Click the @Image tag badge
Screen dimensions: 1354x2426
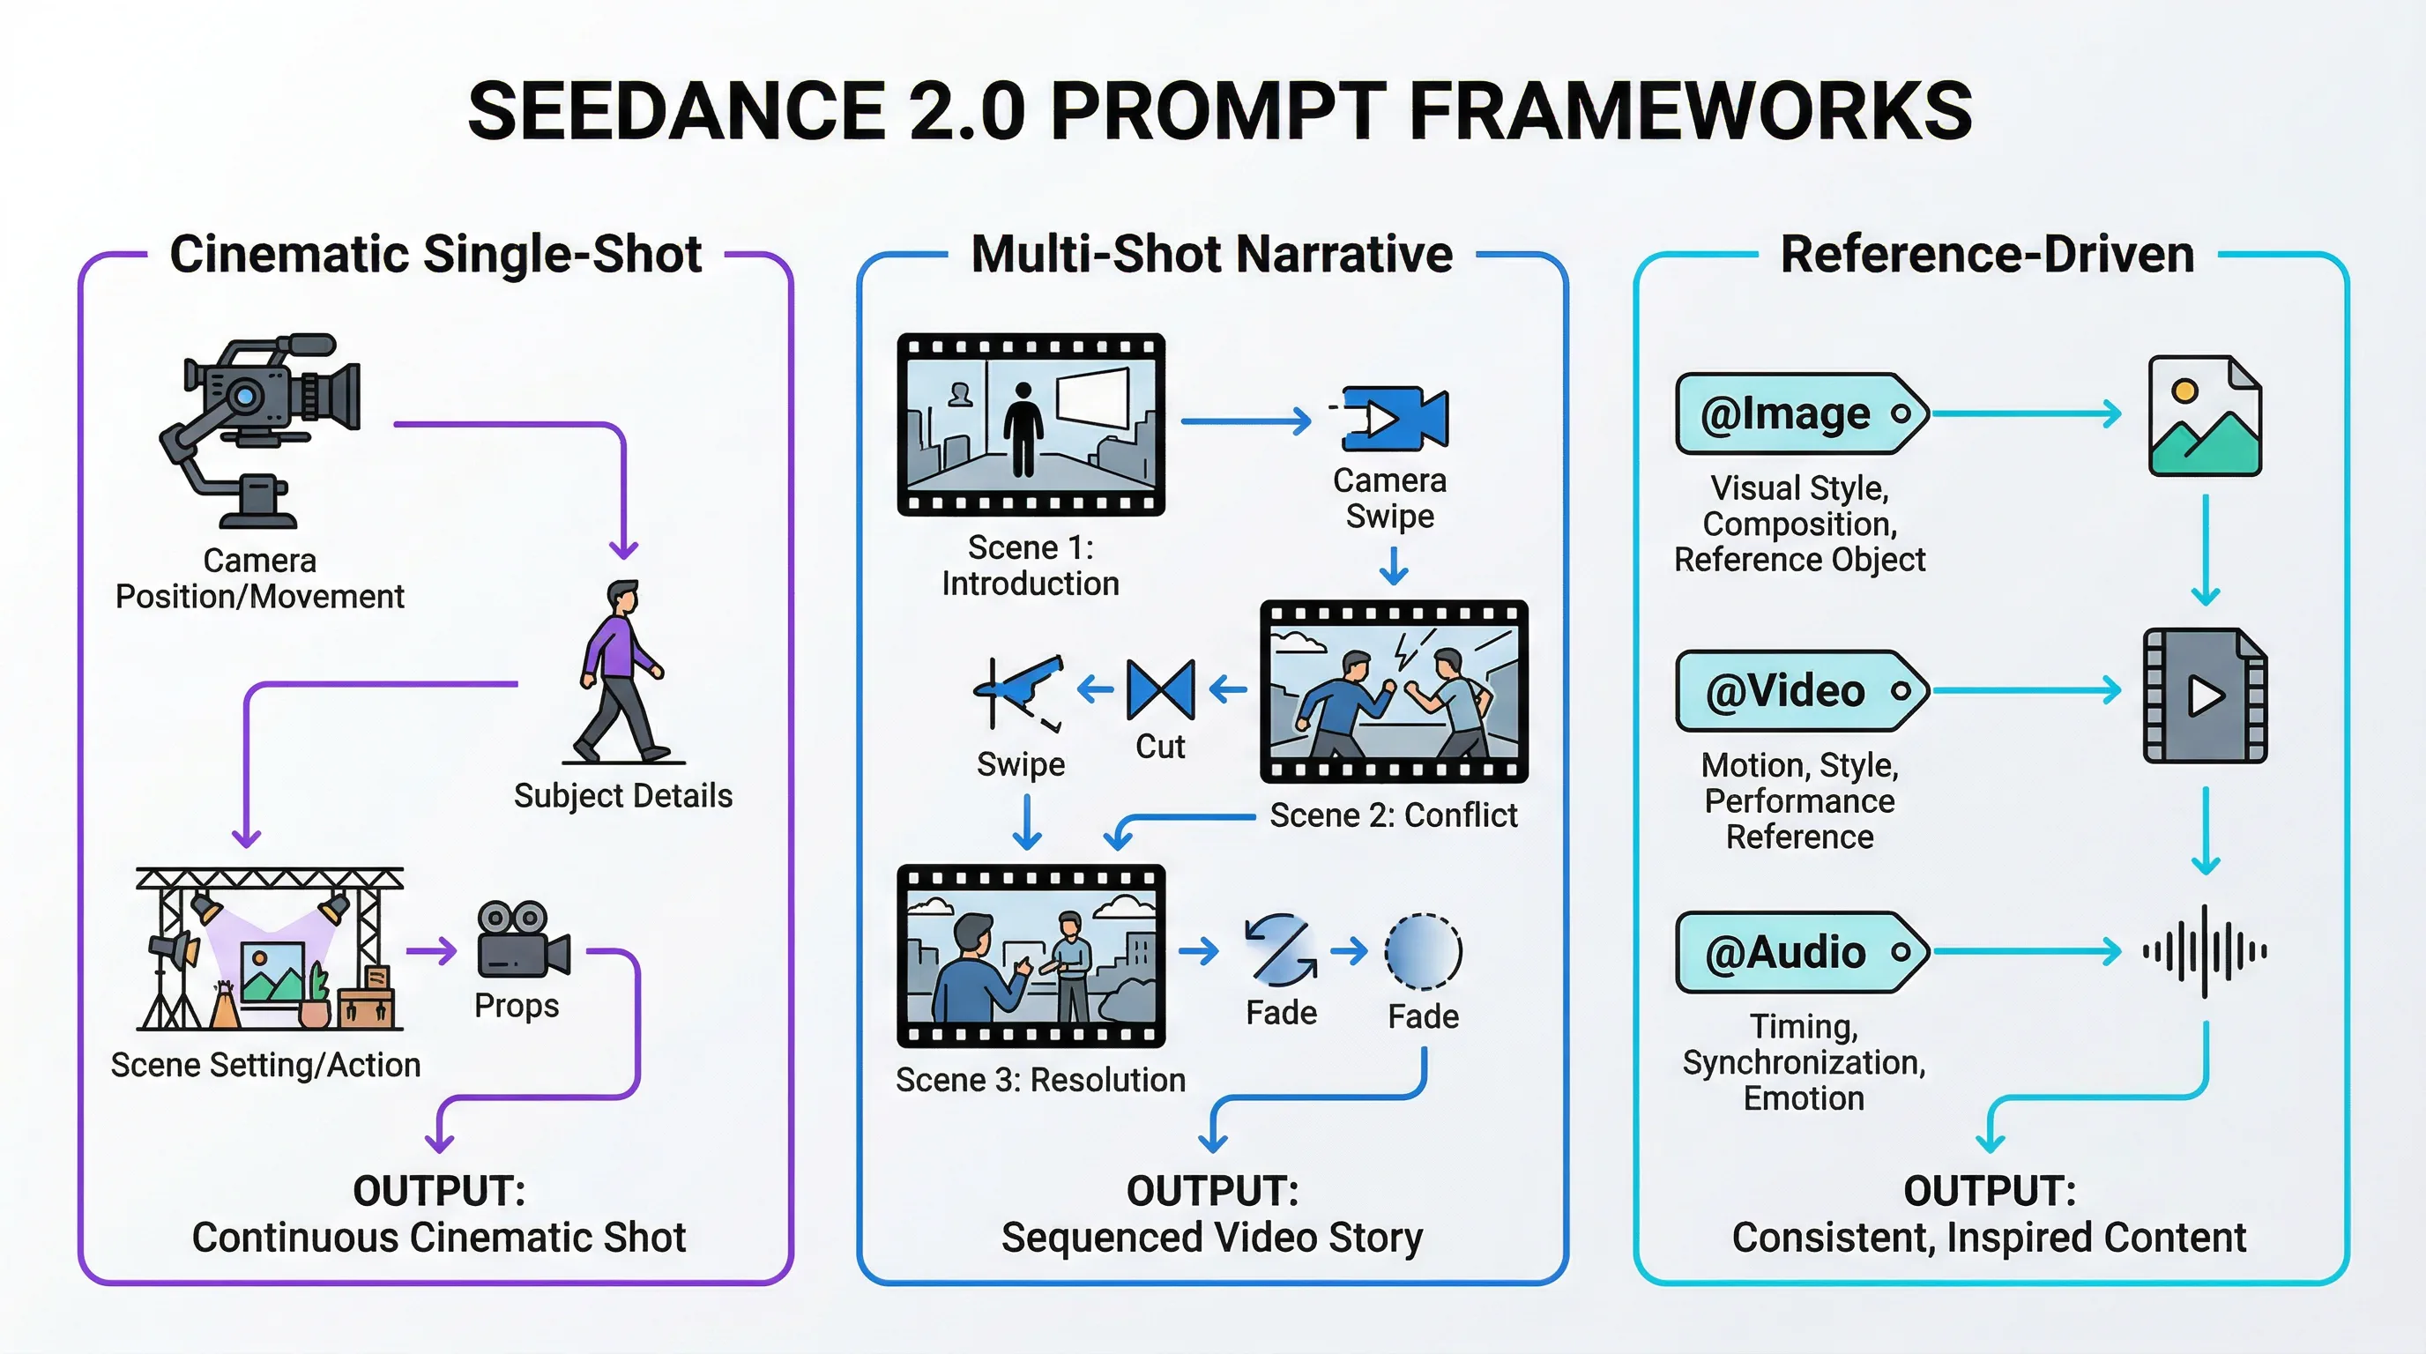click(1798, 414)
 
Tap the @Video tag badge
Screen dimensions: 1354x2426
click(1798, 691)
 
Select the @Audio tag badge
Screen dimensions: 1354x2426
click(1798, 952)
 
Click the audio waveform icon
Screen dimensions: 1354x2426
click(2205, 951)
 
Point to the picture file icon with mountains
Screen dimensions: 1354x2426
click(2204, 416)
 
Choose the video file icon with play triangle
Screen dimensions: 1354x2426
click(2205, 696)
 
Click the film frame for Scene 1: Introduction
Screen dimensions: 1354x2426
click(1031, 425)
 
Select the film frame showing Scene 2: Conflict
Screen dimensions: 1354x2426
click(1393, 691)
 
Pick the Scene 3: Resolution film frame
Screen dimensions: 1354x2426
click(1031, 956)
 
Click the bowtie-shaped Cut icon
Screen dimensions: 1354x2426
click(1160, 689)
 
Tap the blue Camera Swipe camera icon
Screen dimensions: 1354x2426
click(1395, 418)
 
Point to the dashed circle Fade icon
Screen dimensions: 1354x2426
click(1423, 951)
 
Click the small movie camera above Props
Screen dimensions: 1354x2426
click(523, 940)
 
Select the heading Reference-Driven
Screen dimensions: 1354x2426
click(1987, 254)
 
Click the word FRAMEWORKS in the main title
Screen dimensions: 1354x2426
click(1690, 110)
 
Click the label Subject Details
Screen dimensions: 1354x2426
click(622, 796)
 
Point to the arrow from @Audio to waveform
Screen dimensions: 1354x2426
click(2025, 952)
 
